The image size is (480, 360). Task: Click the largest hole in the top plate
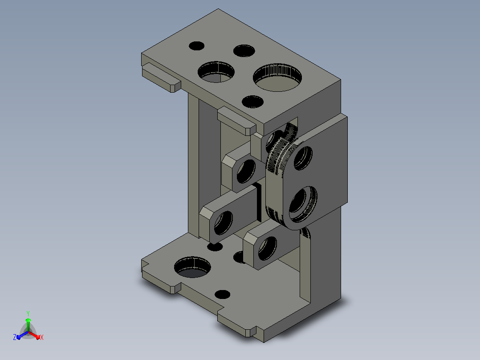(x=277, y=78)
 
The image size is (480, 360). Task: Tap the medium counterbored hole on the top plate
(x=216, y=72)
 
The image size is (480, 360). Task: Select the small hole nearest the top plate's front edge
(x=252, y=102)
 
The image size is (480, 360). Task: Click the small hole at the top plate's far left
(x=196, y=46)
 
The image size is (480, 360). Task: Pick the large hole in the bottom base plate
(x=192, y=267)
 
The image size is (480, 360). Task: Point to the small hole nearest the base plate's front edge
(x=223, y=295)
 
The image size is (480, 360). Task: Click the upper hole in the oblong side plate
(x=303, y=158)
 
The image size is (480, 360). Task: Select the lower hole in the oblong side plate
(x=302, y=204)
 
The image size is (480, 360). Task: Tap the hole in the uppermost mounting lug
(x=246, y=171)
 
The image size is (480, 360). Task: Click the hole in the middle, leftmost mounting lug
(x=223, y=223)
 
